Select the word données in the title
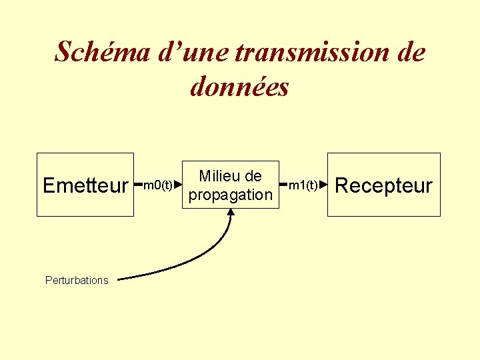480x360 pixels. click(240, 87)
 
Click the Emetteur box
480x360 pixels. click(85, 185)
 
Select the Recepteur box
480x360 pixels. click(383, 185)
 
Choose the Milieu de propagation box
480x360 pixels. click(231, 185)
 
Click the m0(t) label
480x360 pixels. click(158, 185)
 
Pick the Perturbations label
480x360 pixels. click(77, 280)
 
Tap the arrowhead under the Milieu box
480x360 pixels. click(231, 212)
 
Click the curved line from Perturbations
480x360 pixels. click(200, 264)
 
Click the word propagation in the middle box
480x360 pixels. click(231, 195)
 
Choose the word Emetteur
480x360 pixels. click(85, 185)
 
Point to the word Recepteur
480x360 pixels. click(383, 185)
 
